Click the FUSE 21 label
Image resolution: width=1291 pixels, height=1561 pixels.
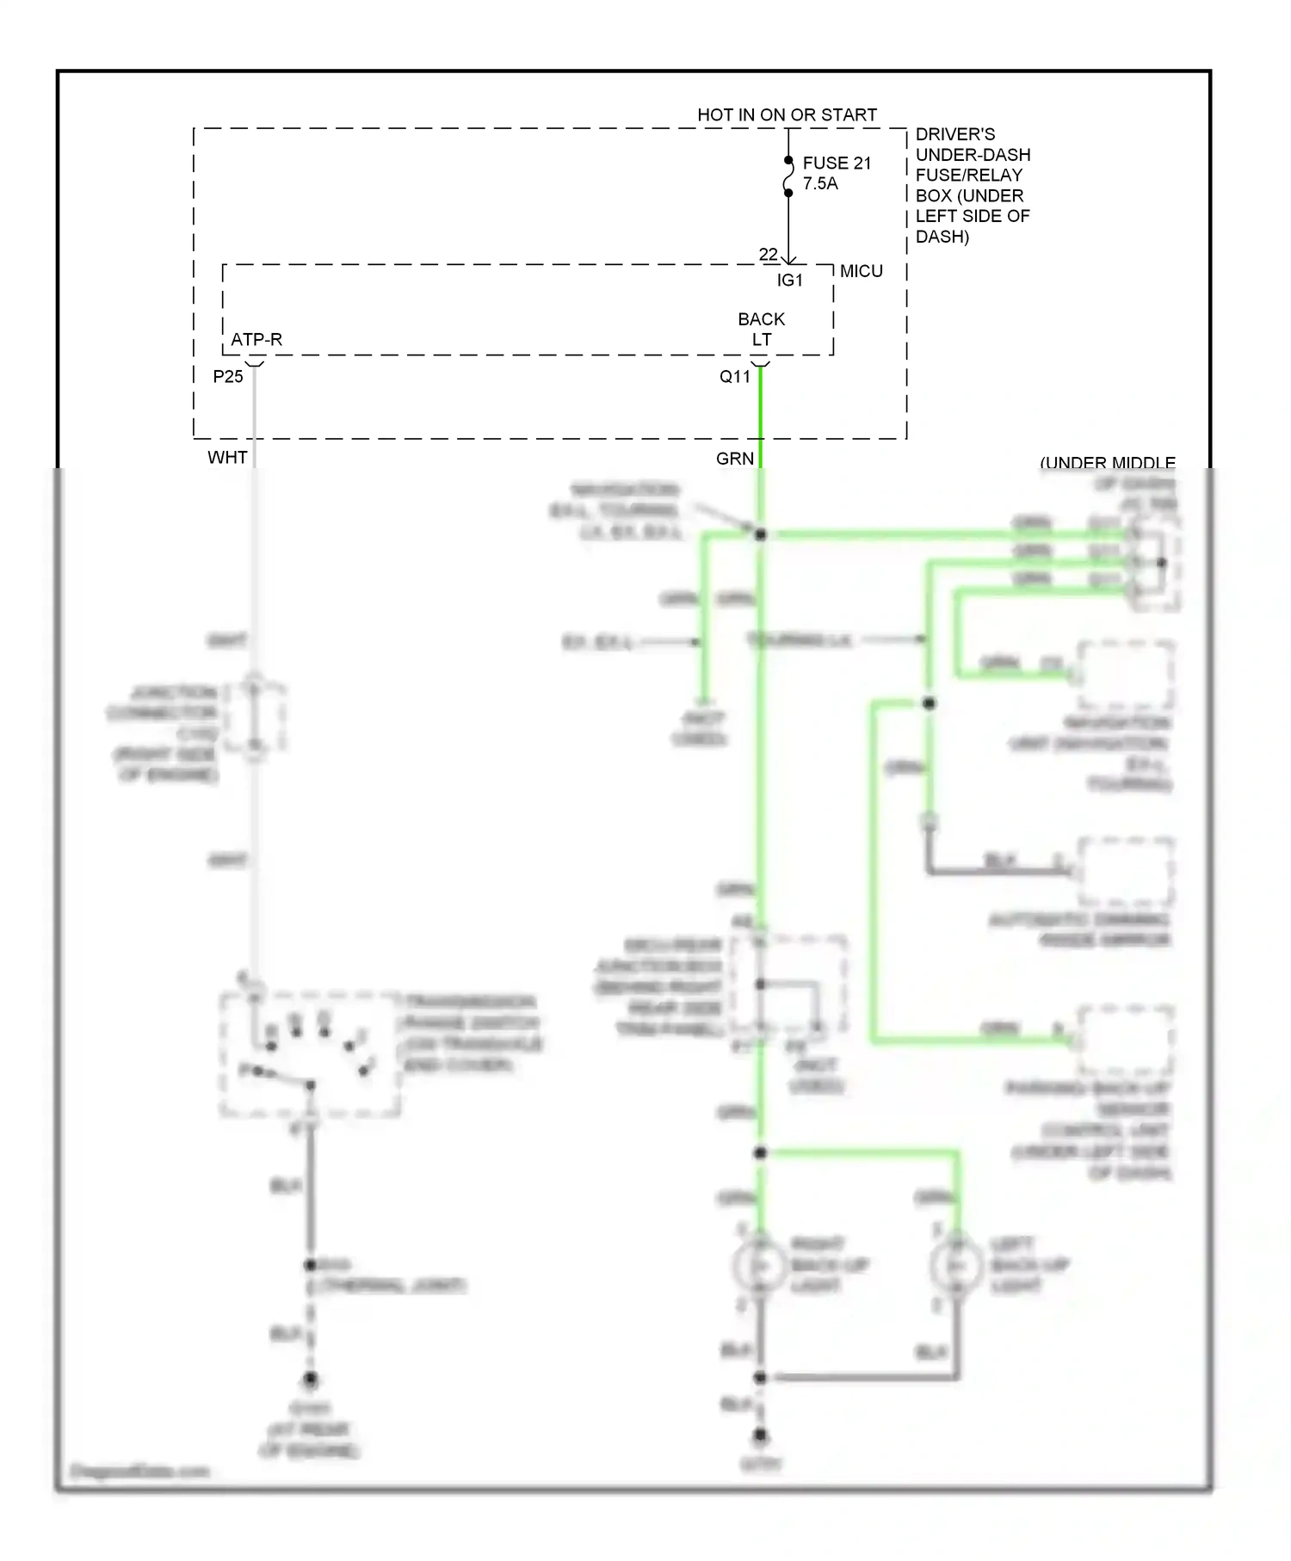pyautogui.click(x=836, y=163)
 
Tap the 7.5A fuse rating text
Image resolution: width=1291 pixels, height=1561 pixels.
pyautogui.click(x=819, y=183)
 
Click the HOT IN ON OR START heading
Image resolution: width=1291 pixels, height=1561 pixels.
pyautogui.click(x=787, y=114)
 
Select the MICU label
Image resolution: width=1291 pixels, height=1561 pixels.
pyautogui.click(x=861, y=271)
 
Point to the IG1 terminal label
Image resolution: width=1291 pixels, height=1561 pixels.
pyautogui.click(x=789, y=281)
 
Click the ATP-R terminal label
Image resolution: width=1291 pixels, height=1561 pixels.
pyautogui.click(x=256, y=339)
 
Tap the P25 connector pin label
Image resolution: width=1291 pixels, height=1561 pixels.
pyautogui.click(x=228, y=376)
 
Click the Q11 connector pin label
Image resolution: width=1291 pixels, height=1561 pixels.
pyautogui.click(x=735, y=376)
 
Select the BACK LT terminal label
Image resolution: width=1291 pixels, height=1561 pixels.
pyautogui.click(x=761, y=329)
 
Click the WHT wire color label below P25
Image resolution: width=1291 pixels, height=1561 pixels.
pyautogui.click(x=227, y=457)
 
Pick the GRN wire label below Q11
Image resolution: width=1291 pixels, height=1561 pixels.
pyautogui.click(x=734, y=459)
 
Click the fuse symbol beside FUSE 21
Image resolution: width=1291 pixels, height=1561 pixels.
pyautogui.click(x=788, y=177)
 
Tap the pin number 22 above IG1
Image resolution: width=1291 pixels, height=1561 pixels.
pyautogui.click(x=768, y=254)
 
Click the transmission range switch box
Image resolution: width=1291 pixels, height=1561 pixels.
pyautogui.click(x=310, y=1055)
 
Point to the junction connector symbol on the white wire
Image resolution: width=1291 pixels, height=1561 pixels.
pyautogui.click(x=254, y=717)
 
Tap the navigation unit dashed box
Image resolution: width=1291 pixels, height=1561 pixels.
pyautogui.click(x=1125, y=676)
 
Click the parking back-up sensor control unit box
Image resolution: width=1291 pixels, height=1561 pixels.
pyautogui.click(x=1125, y=1040)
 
